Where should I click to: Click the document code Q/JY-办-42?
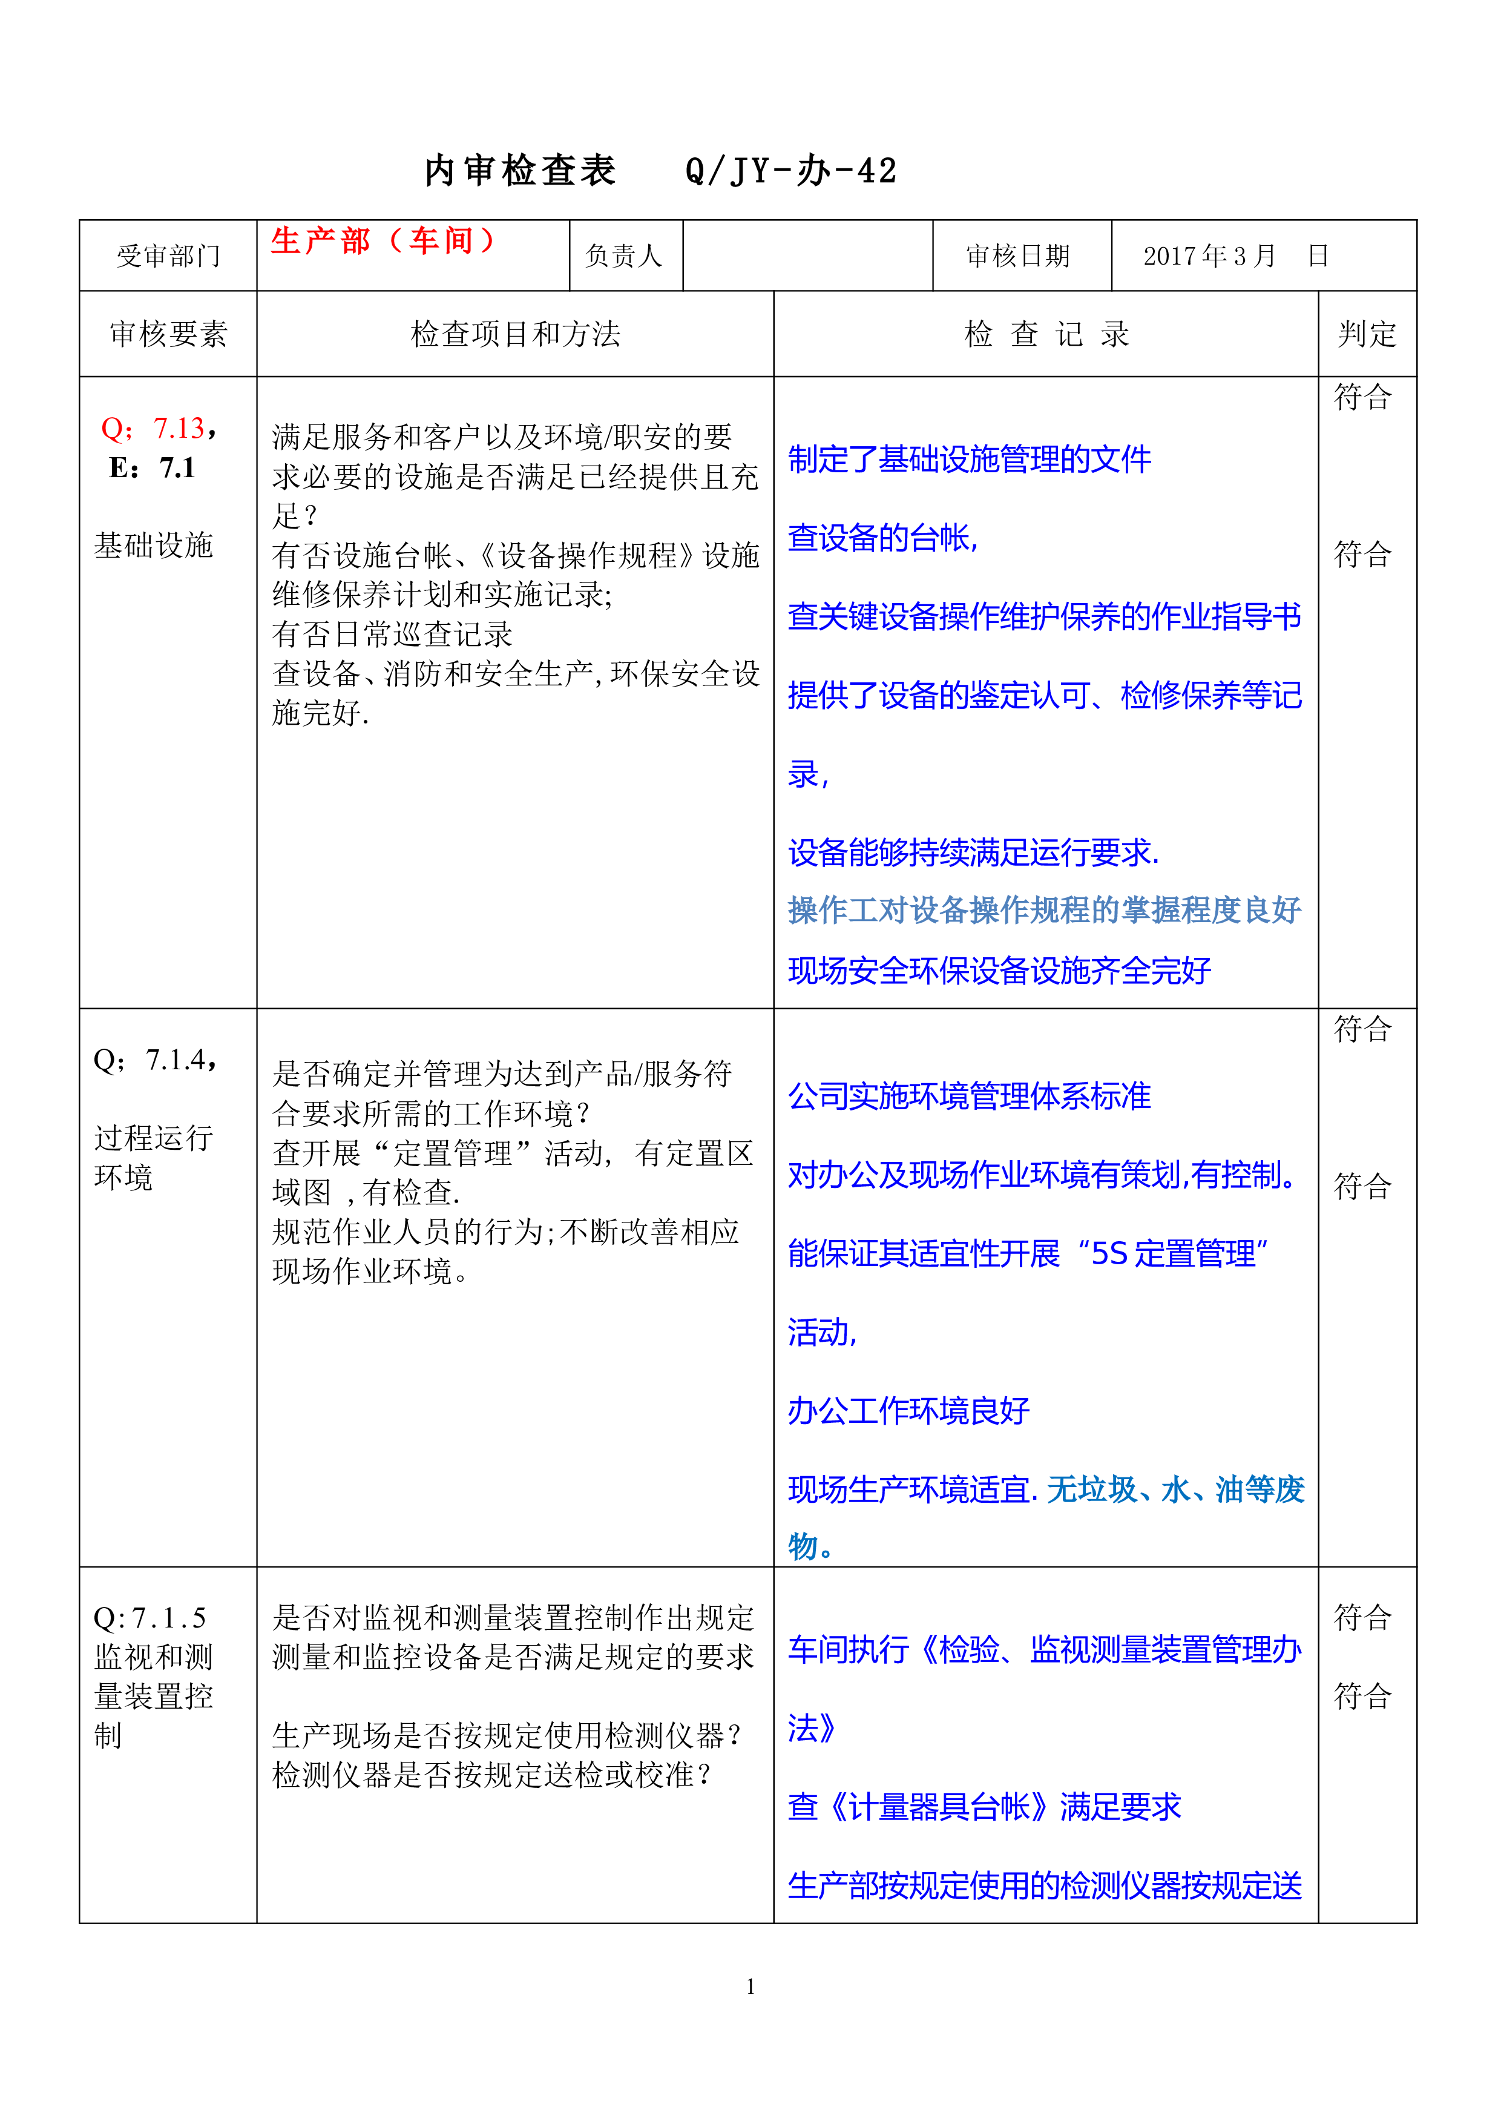pyautogui.click(x=790, y=171)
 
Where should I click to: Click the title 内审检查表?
pyautogui.click(x=521, y=171)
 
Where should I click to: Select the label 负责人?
pyautogui.click(x=624, y=256)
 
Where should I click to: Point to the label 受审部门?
pyautogui.click(x=168, y=256)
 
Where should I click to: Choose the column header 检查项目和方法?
pyautogui.click(x=515, y=334)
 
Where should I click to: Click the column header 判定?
pyautogui.click(x=1367, y=334)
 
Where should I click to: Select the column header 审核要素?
pyautogui.click(x=168, y=334)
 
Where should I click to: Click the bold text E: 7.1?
pyautogui.click(x=152, y=468)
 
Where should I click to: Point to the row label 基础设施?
pyautogui.click(x=154, y=545)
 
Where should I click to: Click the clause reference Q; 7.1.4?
pyautogui.click(x=156, y=1060)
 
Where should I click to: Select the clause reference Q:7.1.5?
pyautogui.click(x=150, y=1618)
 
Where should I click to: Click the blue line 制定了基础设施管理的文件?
pyautogui.click(x=969, y=459)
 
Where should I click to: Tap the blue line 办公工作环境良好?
pyautogui.click(x=908, y=1411)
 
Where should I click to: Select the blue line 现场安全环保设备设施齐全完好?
pyautogui.click(x=999, y=971)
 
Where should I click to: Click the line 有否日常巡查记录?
pyautogui.click(x=392, y=635)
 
